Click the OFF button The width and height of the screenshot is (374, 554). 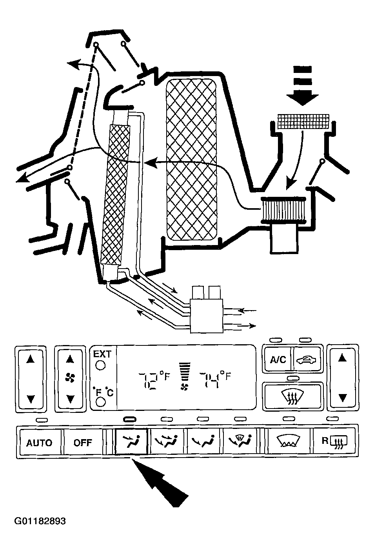point(83,442)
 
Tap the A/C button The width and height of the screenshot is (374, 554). point(278,359)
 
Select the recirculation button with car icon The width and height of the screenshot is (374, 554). point(307,359)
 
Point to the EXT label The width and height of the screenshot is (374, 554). point(102,354)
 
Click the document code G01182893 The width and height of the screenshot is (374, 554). point(40,521)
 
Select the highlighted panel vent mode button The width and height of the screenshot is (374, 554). point(131,442)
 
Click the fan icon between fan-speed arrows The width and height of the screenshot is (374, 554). point(70,378)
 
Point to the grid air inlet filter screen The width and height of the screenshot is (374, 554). point(303,122)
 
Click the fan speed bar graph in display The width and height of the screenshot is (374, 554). point(183,372)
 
